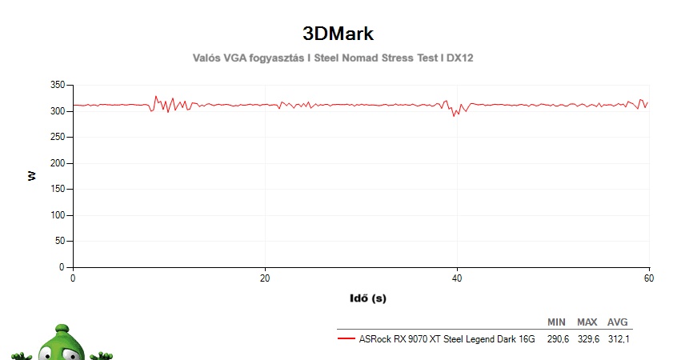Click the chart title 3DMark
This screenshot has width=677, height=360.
(338, 34)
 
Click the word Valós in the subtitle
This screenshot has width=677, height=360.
(209, 58)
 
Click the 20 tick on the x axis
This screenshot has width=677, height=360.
(265, 278)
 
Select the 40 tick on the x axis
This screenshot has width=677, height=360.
(457, 278)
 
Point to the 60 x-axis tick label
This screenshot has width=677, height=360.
(648, 278)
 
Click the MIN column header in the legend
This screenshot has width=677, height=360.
(556, 322)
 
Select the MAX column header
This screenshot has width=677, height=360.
(587, 322)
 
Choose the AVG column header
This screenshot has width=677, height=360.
(617, 322)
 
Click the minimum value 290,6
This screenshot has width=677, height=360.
(557, 339)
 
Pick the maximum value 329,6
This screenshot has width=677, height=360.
(587, 339)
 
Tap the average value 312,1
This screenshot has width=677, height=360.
(617, 339)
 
